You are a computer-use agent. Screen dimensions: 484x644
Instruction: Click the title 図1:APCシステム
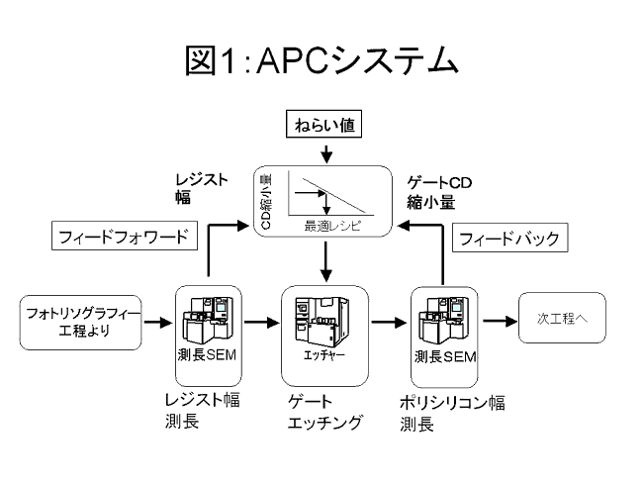coord(322,62)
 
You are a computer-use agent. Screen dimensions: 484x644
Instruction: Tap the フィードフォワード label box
coord(125,238)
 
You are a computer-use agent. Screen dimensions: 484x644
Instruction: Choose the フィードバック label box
coord(507,239)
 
